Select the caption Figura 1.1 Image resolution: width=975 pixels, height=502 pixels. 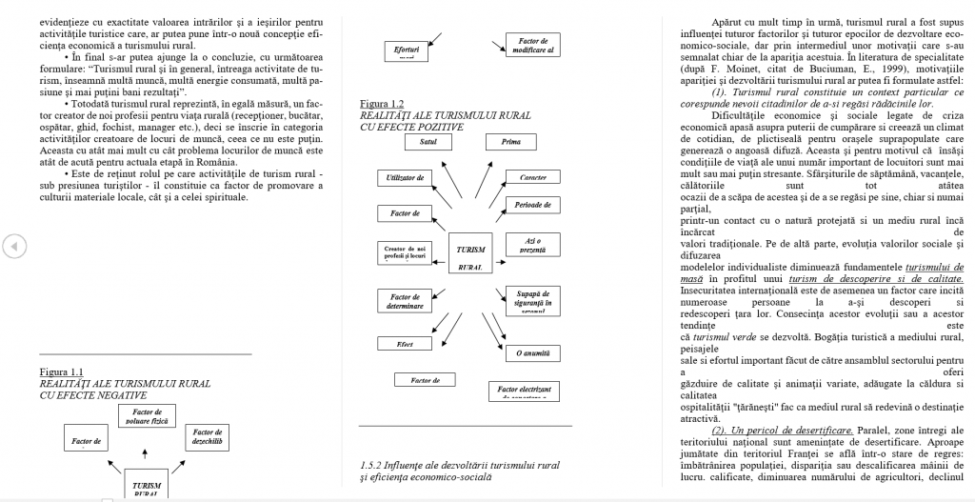tap(62, 371)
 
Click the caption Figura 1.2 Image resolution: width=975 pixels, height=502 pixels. tap(383, 103)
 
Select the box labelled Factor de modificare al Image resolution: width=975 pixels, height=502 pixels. tap(532, 45)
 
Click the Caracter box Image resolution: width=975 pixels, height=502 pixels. tap(532, 177)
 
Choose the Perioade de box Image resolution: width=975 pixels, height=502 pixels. tap(532, 205)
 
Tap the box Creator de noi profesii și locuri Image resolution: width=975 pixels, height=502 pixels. tap(406, 251)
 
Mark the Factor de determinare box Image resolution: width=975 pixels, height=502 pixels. tap(405, 302)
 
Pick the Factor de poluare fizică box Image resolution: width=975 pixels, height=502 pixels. tap(147, 416)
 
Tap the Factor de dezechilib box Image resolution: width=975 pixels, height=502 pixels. tap(207, 437)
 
